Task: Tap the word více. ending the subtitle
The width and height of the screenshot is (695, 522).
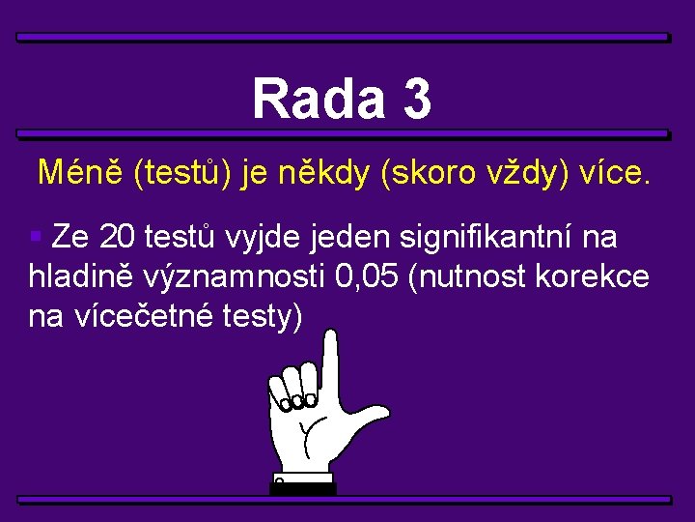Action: (615, 174)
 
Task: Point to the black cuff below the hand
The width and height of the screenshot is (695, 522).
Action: (303, 486)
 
